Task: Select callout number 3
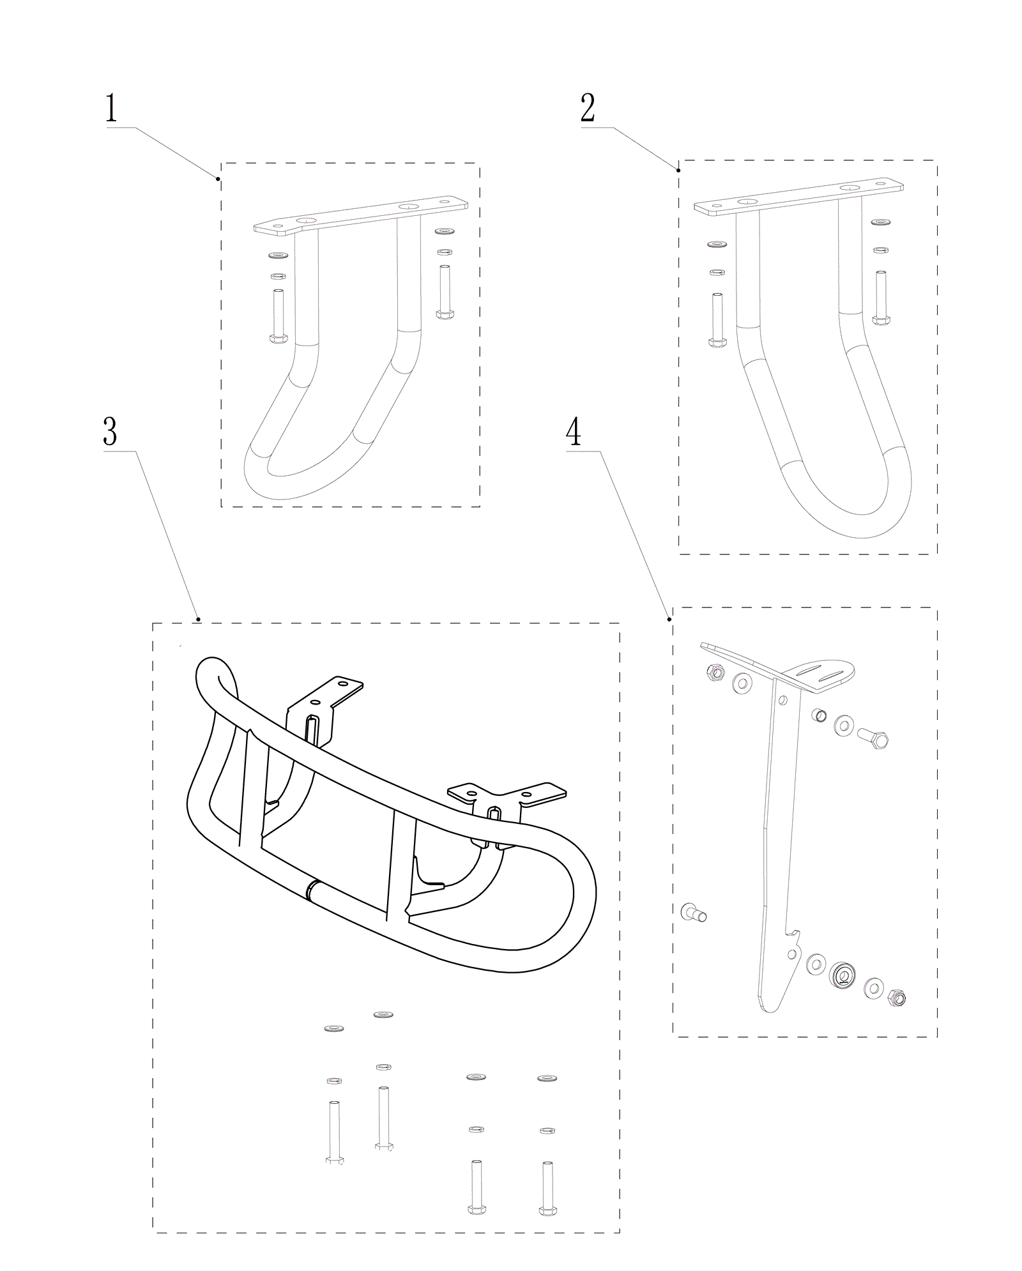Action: pyautogui.click(x=110, y=432)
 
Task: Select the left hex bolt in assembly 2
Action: pyautogui.click(x=717, y=320)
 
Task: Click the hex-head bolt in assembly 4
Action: pyautogui.click(x=872, y=738)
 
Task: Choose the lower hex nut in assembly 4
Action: pyautogui.click(x=896, y=997)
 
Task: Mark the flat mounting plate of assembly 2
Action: pyautogui.click(x=799, y=197)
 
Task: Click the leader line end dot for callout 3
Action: pyautogui.click(x=199, y=619)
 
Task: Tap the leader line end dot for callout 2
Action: pyautogui.click(x=678, y=170)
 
